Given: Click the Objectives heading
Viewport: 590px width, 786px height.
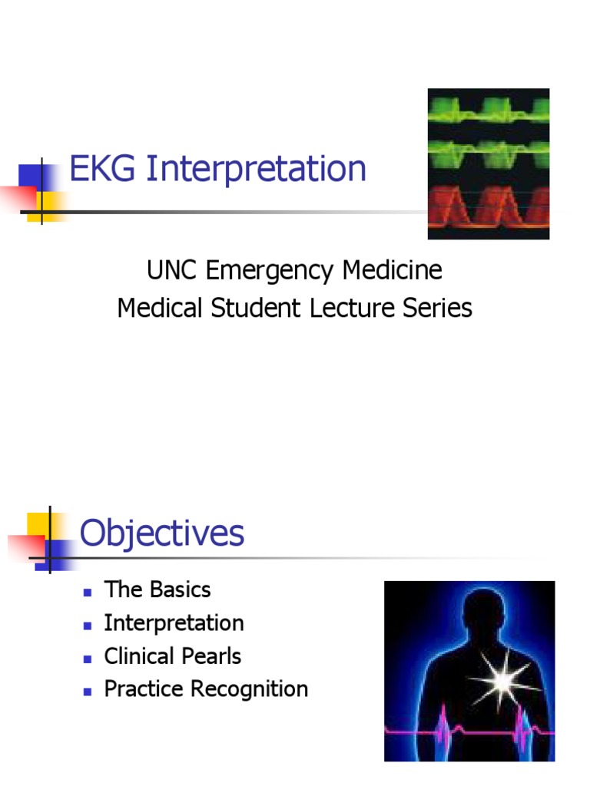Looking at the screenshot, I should (162, 533).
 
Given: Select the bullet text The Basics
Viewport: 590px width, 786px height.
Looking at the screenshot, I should (157, 589).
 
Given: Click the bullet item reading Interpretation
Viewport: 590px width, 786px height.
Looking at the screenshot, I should (174, 623).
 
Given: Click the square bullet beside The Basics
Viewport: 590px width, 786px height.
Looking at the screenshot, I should (88, 591).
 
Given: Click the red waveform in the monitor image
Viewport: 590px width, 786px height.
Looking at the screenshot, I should (489, 207).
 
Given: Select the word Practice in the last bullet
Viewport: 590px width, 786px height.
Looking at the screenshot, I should (143, 689).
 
